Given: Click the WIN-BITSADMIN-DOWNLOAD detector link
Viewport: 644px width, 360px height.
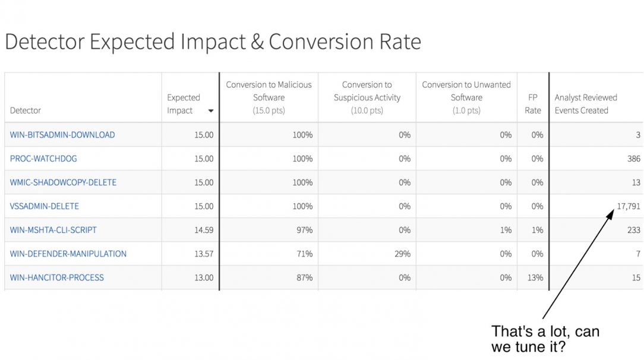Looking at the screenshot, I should (x=62, y=135).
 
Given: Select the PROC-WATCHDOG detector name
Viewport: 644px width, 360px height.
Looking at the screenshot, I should (x=43, y=159).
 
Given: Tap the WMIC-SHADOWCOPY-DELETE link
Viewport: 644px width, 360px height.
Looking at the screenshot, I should (x=63, y=182).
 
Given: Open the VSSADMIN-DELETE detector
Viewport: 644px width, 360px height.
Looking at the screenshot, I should (x=45, y=206).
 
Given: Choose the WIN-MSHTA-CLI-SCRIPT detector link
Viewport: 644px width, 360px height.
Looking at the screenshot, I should (x=53, y=230).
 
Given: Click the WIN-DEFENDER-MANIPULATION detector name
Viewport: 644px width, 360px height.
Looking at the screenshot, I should (x=68, y=254).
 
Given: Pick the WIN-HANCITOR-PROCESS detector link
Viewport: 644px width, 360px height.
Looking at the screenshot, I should (x=57, y=277).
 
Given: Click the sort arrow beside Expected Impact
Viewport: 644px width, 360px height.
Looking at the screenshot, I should (x=211, y=111).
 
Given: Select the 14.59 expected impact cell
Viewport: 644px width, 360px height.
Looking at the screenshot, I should (x=203, y=230).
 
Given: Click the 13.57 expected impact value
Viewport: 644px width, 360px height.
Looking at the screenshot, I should (x=203, y=254).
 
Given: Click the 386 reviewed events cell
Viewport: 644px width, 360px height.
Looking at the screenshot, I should (x=633, y=159).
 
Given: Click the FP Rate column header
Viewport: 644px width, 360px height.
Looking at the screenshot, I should (x=533, y=104).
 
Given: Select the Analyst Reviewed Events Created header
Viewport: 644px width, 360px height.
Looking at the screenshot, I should (x=586, y=104).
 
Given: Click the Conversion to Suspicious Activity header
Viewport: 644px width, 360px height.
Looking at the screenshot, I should (x=367, y=97).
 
